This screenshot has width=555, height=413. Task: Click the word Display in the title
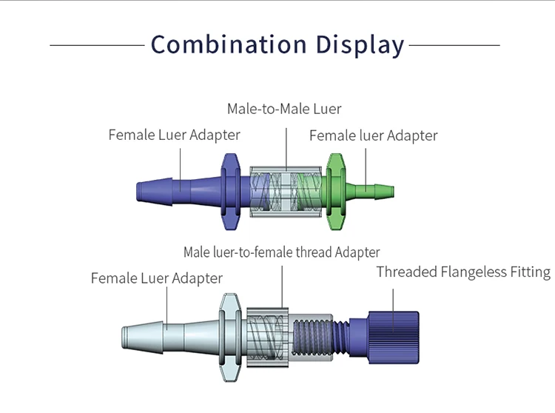point(360,44)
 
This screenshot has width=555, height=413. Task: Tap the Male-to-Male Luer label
point(284,109)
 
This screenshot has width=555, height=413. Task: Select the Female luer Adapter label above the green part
point(373,135)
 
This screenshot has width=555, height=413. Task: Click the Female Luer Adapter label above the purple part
point(174,135)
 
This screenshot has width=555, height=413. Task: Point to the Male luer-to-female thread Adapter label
point(281,252)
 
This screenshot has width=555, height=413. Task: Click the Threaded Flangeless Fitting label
point(463,272)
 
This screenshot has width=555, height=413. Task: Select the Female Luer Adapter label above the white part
point(156,278)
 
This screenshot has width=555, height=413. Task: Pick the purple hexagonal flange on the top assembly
point(229,189)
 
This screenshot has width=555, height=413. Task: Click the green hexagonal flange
point(337,189)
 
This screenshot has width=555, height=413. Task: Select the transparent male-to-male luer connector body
point(285,190)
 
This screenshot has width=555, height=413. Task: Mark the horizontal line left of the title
point(96,45)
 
